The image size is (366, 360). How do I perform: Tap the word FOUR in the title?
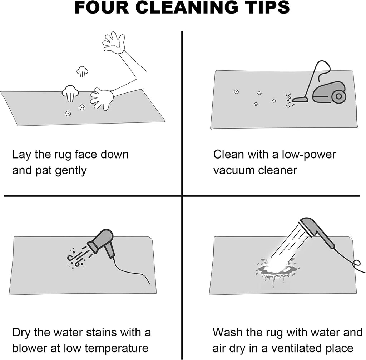101,7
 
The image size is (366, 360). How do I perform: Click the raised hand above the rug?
114,42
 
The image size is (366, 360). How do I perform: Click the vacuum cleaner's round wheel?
338,96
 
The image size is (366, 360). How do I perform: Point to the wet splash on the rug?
276,270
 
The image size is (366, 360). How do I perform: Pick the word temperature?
117,349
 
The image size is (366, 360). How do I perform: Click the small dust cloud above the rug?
83,72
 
